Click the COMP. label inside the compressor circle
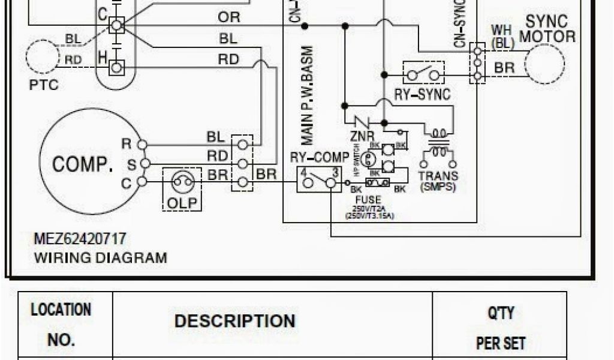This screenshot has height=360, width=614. pos(83,164)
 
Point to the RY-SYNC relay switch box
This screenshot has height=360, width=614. pos(423,74)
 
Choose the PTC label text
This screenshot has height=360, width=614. pos(44,85)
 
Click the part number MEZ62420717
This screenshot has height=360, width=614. pos(80,239)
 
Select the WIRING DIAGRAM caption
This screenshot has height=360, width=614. pos(100,258)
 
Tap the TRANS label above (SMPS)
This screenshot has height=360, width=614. pos(438,176)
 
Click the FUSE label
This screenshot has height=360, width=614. pos(368,200)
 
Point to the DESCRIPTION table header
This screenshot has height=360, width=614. pos(234,321)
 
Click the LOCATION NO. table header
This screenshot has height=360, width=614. pos(61,325)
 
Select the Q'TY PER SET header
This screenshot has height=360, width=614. pos(500,328)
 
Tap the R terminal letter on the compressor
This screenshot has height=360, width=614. pos(125,143)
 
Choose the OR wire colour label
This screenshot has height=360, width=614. pos(228,17)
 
